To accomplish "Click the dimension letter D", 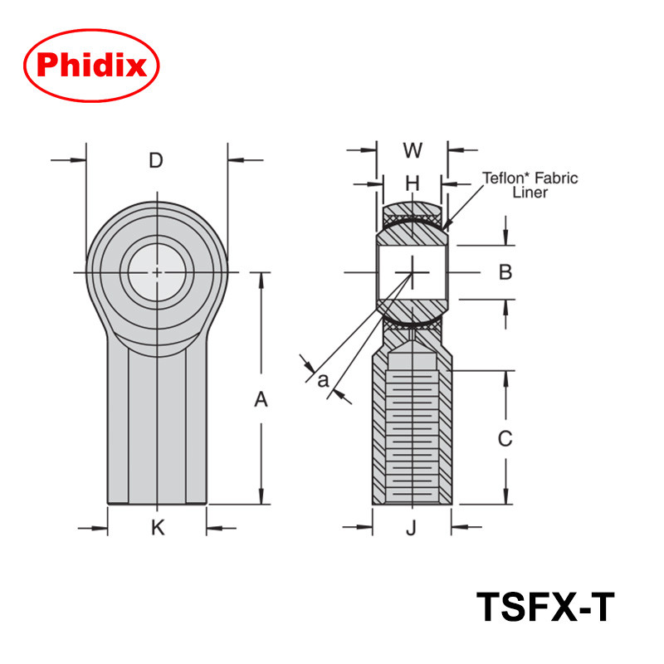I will [x=156, y=160].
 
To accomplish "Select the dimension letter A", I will [x=261, y=400].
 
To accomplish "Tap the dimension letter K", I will [x=158, y=527].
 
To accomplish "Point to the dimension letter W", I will [x=413, y=150].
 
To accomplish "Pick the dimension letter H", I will [x=413, y=182].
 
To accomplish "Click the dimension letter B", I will [x=505, y=272].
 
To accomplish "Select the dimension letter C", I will [x=505, y=438].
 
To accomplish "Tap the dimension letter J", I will [x=411, y=527].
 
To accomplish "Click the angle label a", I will [x=323, y=380].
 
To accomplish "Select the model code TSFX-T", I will [x=545, y=607].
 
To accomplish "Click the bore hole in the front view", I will [x=157, y=272].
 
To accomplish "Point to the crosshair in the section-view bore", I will [x=413, y=272].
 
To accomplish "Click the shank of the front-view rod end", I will [x=157, y=423].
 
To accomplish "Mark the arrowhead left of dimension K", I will [x=102, y=527].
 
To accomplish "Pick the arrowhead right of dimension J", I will [x=458, y=527].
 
